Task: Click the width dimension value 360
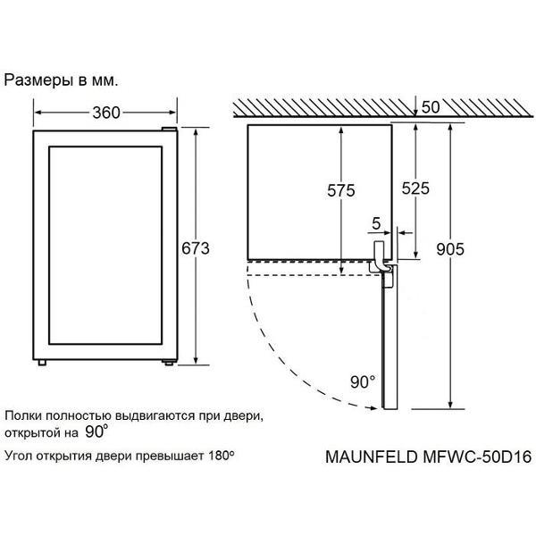click(106, 113)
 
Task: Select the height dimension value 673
click(195, 248)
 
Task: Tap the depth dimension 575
click(341, 190)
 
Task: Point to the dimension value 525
click(415, 188)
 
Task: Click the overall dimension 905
click(450, 249)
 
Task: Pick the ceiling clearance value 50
click(431, 107)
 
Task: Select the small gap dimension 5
click(376, 223)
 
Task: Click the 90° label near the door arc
click(363, 381)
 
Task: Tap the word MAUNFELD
click(372, 456)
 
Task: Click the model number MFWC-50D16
click(478, 456)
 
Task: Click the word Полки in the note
click(23, 416)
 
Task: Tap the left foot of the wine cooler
click(42, 363)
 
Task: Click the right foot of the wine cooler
click(169, 363)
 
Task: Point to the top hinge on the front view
click(169, 129)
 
